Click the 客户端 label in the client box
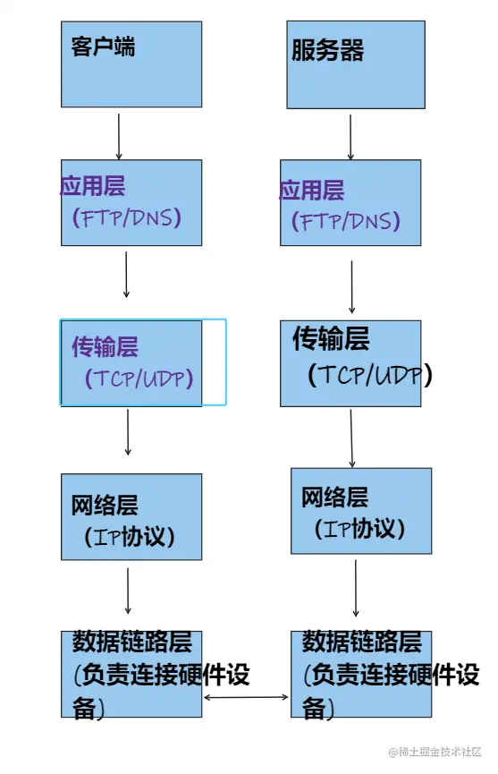103,47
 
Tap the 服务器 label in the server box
328,51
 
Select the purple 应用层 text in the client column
93,186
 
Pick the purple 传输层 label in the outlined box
106,348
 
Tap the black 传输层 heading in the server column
330,339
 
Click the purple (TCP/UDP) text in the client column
139,378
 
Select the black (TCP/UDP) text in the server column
368,374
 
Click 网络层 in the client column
106,506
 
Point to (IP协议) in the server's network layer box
360,528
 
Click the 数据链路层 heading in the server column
361,642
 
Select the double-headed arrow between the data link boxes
247,695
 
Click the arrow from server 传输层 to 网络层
351,438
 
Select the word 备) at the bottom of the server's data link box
317,710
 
